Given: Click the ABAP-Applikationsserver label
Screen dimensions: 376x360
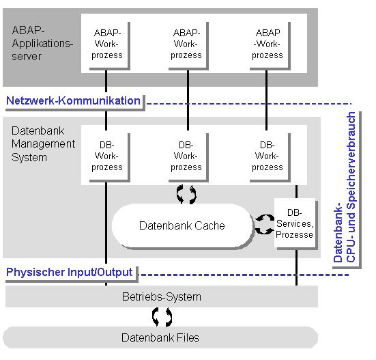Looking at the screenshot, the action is coord(42,44).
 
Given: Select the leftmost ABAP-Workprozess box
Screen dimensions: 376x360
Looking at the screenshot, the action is coord(110,46).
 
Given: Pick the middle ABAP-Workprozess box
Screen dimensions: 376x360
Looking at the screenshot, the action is coord(188,46).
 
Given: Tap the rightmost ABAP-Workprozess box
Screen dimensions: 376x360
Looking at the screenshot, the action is coord(270,46).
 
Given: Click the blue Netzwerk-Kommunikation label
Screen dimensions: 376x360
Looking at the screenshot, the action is coord(73,100).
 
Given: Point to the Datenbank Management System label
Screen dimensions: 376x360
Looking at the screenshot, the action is coord(43,144).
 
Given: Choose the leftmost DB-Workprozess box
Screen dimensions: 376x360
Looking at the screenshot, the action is coord(110,158).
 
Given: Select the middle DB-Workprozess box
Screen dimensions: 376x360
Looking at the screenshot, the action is coord(188,158).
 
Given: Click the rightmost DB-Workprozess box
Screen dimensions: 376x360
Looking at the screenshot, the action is coord(270,158).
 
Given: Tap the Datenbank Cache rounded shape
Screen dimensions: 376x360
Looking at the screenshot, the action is coord(182,225).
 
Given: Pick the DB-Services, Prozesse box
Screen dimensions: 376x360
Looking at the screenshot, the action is coord(295,223).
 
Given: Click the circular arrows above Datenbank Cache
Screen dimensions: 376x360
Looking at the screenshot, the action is coord(186,195).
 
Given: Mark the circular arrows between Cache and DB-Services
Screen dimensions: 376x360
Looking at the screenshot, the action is coord(265,224).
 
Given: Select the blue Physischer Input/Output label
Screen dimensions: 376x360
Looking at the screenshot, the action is coord(70,272).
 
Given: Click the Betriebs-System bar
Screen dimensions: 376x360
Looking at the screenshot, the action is coord(162,296).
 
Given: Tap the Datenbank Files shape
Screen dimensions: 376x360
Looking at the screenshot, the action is coord(160,337).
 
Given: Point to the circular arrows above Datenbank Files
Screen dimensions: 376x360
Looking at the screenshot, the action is coord(162,317).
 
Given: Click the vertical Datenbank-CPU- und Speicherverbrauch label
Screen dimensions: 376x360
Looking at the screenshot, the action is coord(345,187).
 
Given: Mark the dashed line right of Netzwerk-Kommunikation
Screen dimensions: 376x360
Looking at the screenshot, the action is coord(249,104).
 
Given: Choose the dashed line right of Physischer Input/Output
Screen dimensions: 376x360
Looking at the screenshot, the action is coord(244,275).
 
